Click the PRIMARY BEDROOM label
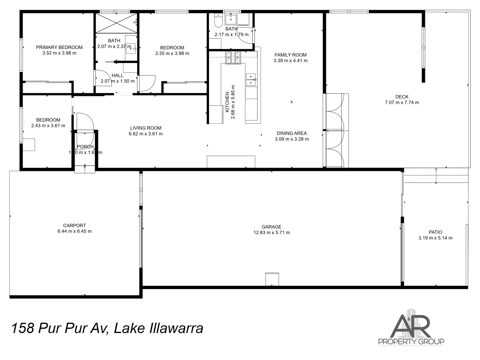(x=59, y=47)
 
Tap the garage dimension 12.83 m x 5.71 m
(x=272, y=233)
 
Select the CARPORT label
(x=74, y=225)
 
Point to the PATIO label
(x=435, y=232)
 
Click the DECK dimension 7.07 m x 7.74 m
(x=402, y=103)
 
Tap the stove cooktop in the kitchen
(x=233, y=58)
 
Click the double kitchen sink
(x=251, y=80)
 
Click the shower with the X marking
(x=116, y=23)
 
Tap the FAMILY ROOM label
(x=290, y=55)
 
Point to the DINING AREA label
(x=291, y=133)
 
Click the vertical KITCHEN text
(x=227, y=102)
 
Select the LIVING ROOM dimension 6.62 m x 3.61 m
(x=146, y=134)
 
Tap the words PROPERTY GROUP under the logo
(x=411, y=342)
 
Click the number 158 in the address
(x=23, y=328)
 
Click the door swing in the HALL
(x=102, y=78)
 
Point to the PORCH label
(x=85, y=147)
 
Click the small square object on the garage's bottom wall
(x=272, y=279)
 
